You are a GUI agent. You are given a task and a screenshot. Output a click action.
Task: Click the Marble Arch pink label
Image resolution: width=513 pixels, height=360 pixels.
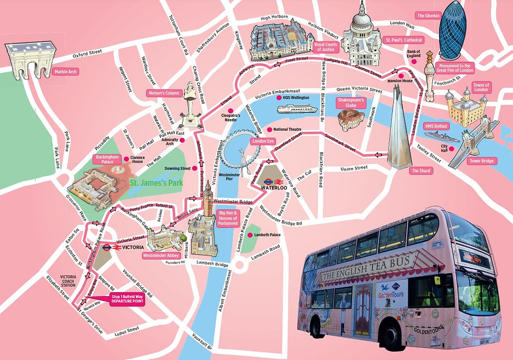[x=65, y=72]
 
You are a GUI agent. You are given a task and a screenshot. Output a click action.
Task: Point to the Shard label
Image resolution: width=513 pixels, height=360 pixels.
[x=421, y=171]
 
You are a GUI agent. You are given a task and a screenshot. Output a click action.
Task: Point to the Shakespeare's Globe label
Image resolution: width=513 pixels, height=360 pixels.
[x=350, y=102]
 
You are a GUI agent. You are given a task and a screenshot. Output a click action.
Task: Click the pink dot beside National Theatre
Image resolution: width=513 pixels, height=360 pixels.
[x=269, y=129]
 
